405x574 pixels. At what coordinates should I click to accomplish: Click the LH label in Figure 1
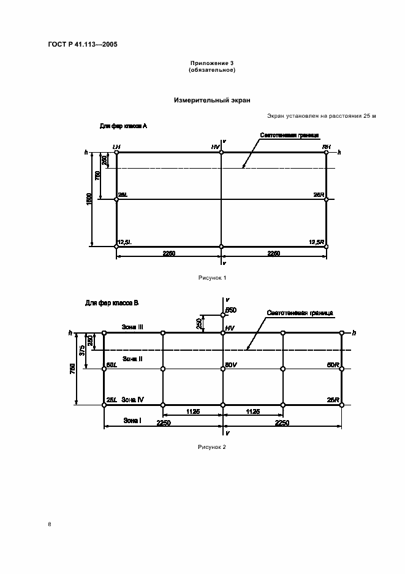116,147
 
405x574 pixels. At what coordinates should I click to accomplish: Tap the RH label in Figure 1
327,147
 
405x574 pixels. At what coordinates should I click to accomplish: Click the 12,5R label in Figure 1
317,242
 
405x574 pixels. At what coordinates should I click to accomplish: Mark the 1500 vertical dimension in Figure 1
89,199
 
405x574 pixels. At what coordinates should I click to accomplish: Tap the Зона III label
132,327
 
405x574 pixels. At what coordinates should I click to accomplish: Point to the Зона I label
132,420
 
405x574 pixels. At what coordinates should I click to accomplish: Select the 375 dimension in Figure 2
81,350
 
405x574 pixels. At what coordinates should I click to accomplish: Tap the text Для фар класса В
112,303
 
